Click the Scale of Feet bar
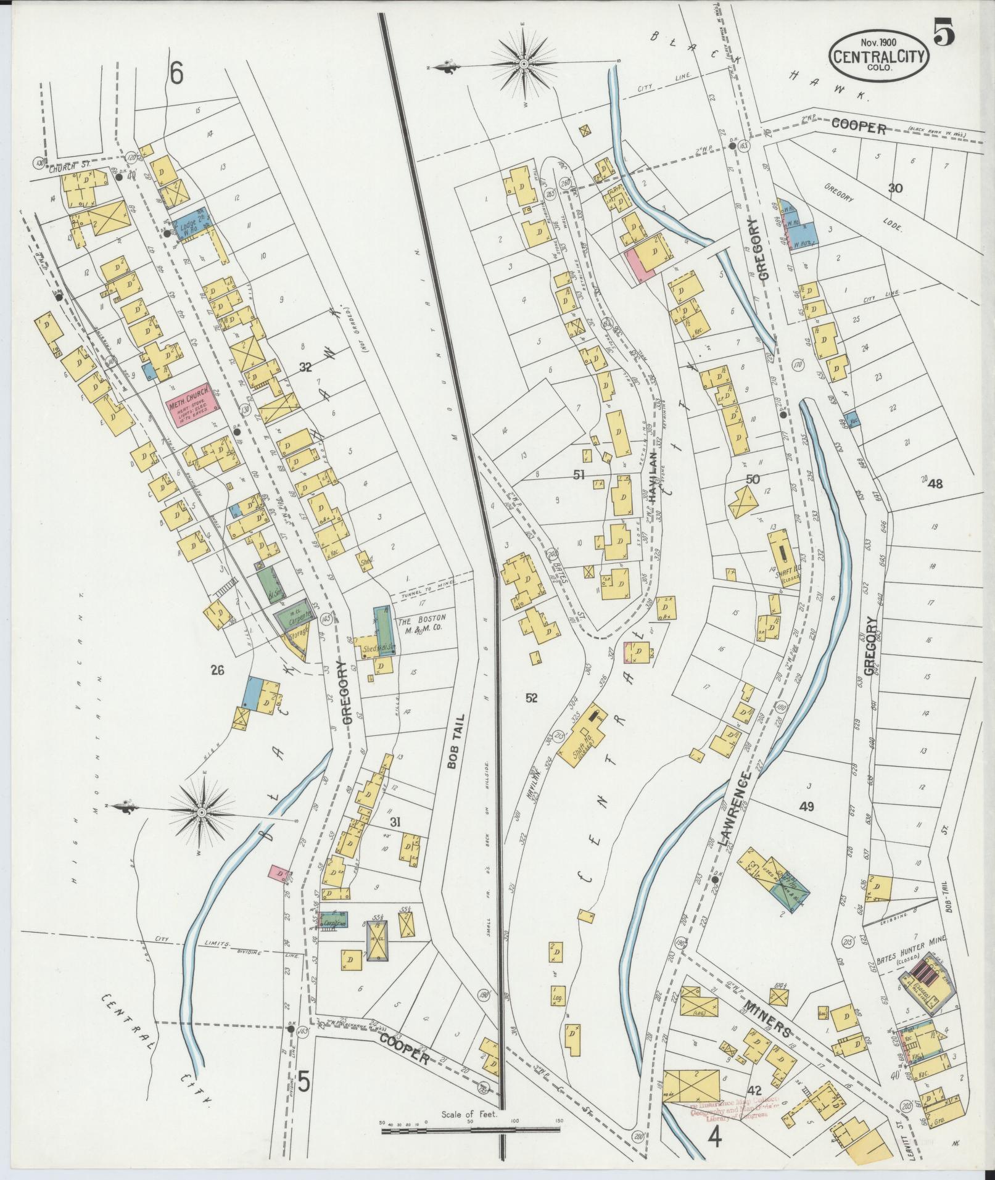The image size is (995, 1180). pos(470,1130)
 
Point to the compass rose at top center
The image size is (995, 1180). pos(524,64)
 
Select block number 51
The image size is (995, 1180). pos(578,475)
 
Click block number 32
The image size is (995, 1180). pos(304,368)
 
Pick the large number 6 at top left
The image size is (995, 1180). pos(177,75)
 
